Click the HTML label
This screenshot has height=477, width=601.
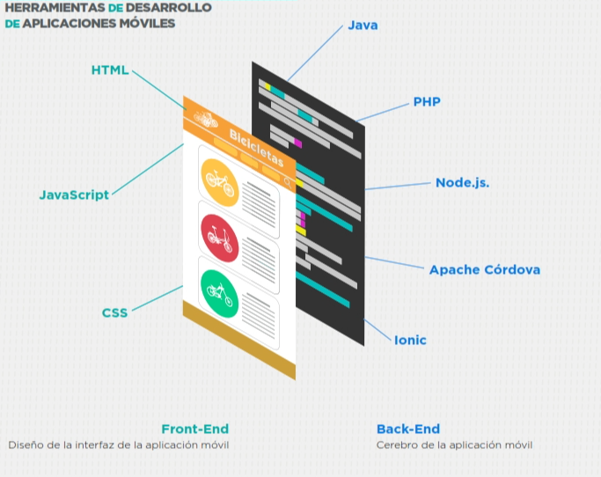point(110,70)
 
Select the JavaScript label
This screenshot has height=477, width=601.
point(74,194)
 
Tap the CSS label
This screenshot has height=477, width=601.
point(114,312)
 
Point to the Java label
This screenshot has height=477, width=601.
point(363,26)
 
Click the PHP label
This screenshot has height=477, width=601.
point(427,102)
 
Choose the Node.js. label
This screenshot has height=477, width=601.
point(462,183)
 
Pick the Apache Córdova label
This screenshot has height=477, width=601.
point(485,269)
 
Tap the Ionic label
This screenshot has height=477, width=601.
point(410,340)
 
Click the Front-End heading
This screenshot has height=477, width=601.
point(194,429)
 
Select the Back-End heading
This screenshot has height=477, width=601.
point(408,429)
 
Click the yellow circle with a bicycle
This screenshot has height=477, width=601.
point(219,182)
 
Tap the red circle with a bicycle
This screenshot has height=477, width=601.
point(218,236)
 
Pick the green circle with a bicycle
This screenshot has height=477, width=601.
point(218,290)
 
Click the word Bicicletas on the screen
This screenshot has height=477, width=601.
point(256,148)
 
